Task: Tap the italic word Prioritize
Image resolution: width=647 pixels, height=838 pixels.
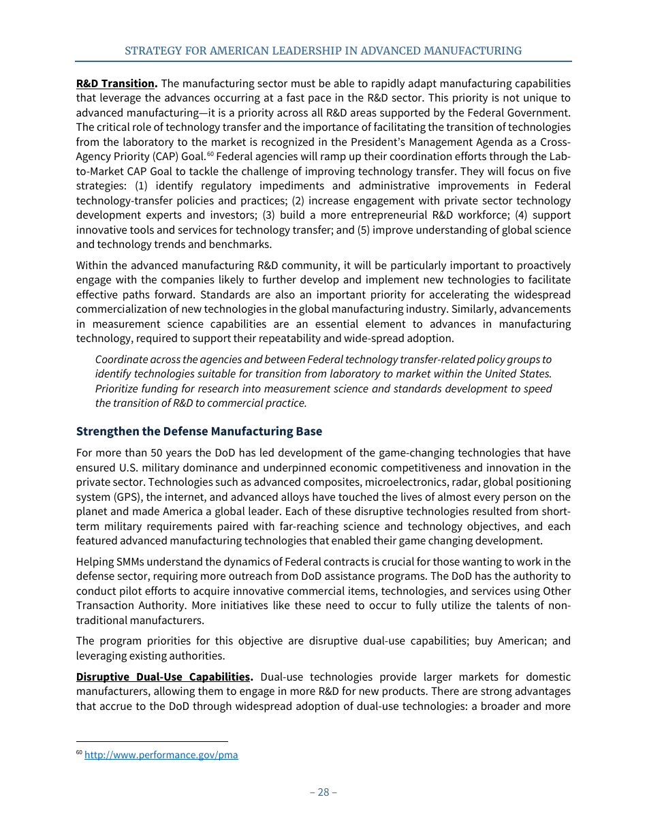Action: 117,388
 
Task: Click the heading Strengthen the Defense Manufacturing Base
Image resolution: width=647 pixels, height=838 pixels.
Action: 199,431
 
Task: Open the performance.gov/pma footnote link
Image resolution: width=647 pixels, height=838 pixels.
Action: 161,755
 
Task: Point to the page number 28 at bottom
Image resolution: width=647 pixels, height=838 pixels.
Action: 323,792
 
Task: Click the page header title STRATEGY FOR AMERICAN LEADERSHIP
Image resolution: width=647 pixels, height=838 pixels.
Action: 323,51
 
